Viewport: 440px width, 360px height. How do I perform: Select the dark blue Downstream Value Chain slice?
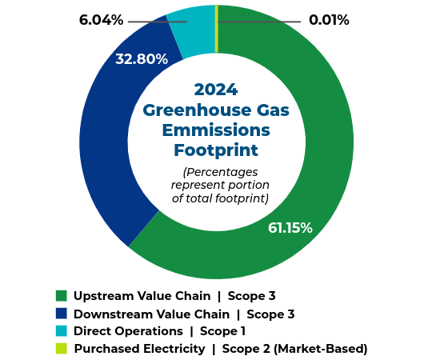(x=104, y=152)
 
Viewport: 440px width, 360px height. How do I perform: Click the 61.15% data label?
(x=290, y=228)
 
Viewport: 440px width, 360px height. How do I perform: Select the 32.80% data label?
(x=142, y=59)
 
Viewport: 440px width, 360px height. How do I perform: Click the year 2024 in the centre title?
(x=216, y=90)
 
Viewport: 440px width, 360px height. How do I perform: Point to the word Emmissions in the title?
(x=216, y=130)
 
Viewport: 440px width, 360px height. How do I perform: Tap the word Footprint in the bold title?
(x=216, y=150)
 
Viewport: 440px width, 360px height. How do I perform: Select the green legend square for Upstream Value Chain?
(x=61, y=296)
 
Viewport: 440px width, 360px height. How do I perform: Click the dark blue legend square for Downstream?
(x=61, y=314)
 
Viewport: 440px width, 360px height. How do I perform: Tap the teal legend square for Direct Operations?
(x=61, y=331)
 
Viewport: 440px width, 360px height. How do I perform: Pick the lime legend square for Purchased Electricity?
(x=61, y=348)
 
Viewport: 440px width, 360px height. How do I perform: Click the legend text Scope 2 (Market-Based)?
(x=294, y=349)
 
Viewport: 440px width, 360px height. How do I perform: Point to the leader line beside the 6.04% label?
(x=156, y=22)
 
